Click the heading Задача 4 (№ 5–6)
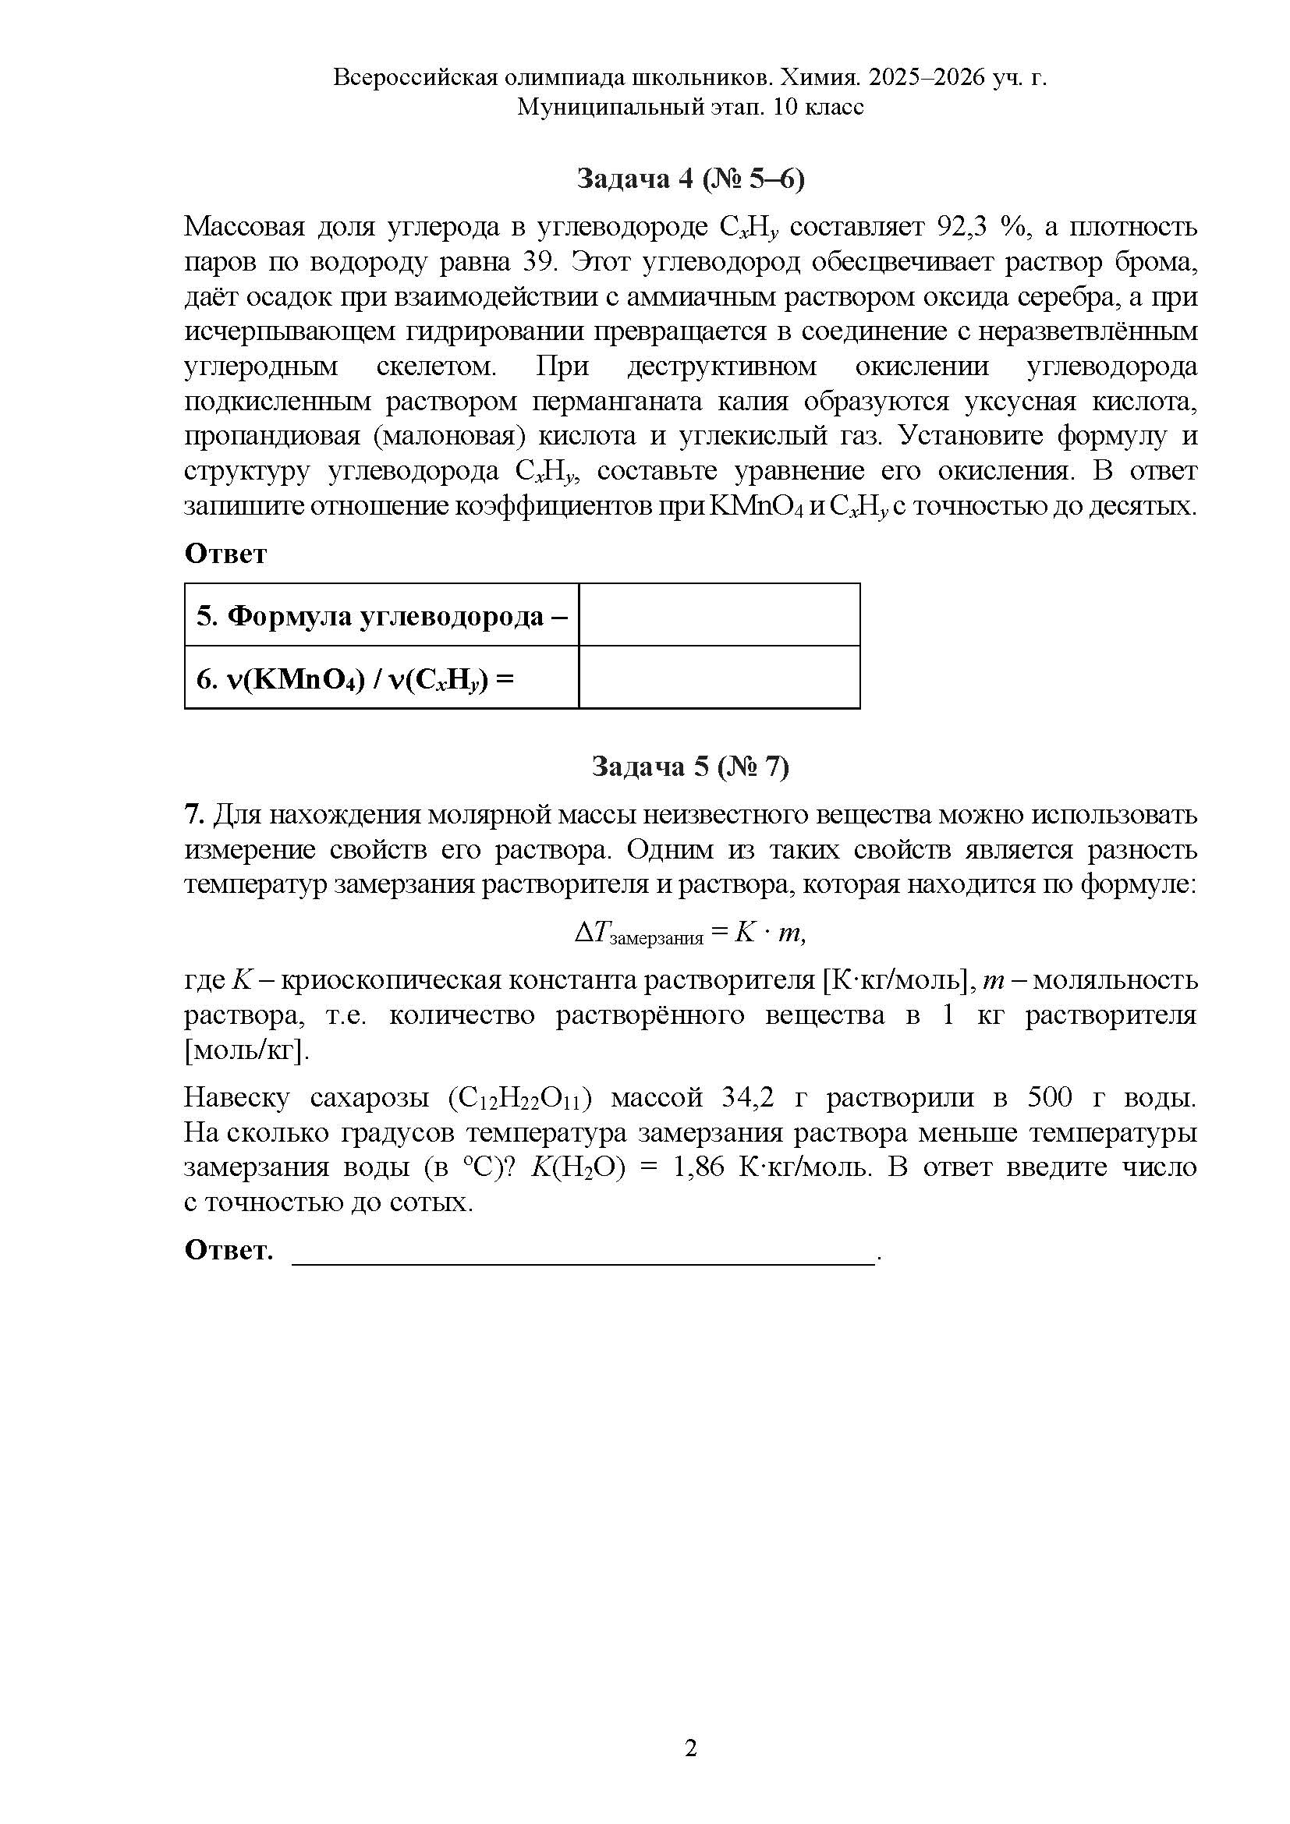(x=690, y=179)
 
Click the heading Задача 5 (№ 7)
(x=690, y=767)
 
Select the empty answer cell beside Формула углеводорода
(x=719, y=614)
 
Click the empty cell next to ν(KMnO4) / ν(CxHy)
(x=719, y=677)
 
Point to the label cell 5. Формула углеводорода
(x=381, y=614)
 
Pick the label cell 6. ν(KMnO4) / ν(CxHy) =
(x=381, y=678)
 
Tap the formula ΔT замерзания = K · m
(x=690, y=933)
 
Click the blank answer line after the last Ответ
(x=584, y=1252)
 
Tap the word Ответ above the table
(x=225, y=554)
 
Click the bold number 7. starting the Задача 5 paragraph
(x=196, y=815)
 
